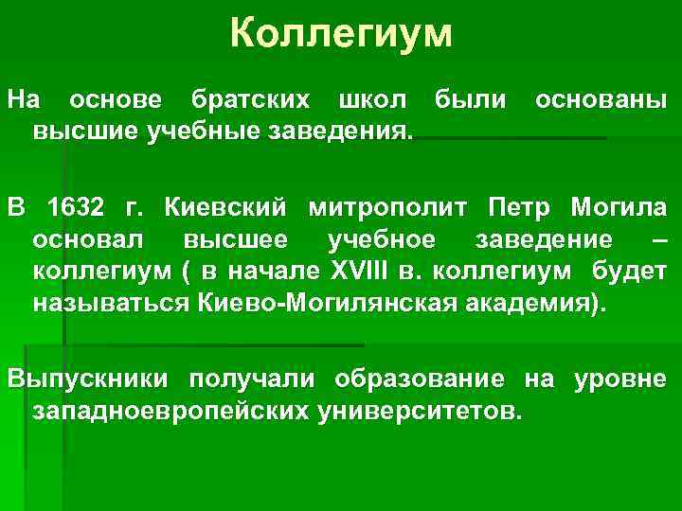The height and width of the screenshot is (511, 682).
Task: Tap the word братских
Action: pyautogui.click(x=255, y=99)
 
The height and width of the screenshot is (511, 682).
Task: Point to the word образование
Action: pyautogui.click(x=427, y=379)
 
